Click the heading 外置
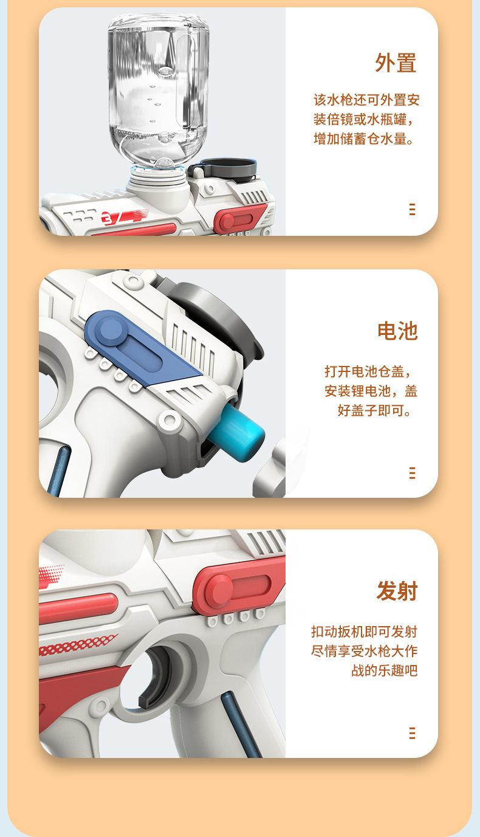(x=396, y=63)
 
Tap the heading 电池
(x=397, y=331)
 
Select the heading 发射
(x=397, y=591)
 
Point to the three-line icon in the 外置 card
(x=412, y=209)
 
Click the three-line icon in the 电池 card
(x=412, y=473)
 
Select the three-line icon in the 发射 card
(x=412, y=733)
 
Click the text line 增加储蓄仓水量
(x=363, y=139)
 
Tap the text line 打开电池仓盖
(x=368, y=371)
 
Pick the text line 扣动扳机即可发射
(x=364, y=632)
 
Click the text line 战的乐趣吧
(x=385, y=670)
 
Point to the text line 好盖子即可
(x=374, y=410)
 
